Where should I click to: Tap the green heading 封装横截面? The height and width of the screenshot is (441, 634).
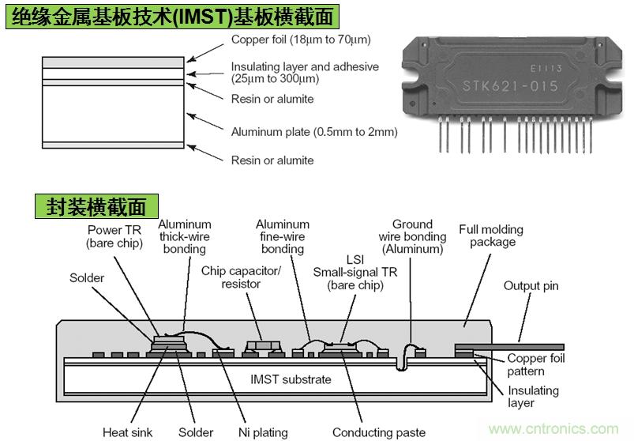pyautogui.click(x=96, y=206)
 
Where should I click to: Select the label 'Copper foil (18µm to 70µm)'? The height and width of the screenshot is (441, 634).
pyautogui.click(x=301, y=40)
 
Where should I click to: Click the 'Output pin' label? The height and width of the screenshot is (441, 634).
pyautogui.click(x=531, y=286)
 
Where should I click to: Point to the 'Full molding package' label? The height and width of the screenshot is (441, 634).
pyautogui.click(x=490, y=236)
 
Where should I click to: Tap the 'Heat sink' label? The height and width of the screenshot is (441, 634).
pyautogui.click(x=127, y=432)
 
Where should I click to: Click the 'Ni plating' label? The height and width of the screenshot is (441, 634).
pyautogui.click(x=264, y=432)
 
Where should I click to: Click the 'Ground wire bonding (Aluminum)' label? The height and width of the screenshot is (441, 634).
pyautogui.click(x=412, y=236)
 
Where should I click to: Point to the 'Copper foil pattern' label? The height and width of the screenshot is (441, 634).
pyautogui.click(x=536, y=364)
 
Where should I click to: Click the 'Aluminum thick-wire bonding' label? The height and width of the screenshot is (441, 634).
pyautogui.click(x=183, y=237)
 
